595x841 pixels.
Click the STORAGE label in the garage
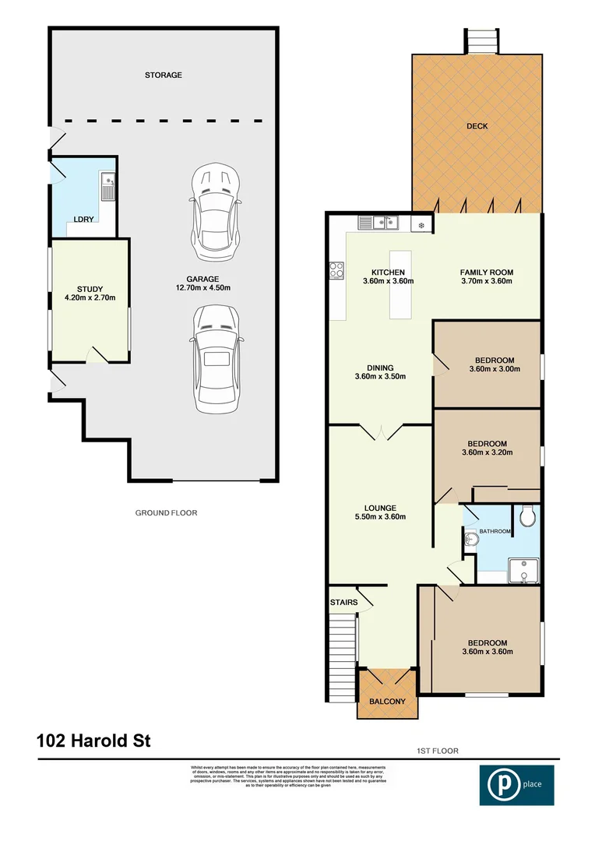pos(163,76)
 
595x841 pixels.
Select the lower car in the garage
pos(217,357)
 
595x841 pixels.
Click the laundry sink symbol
pos(107,187)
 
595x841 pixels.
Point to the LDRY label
pos(83,220)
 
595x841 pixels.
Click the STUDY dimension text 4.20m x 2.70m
pos(90,297)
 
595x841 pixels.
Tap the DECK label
pos(477,126)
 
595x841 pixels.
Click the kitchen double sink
pos(379,223)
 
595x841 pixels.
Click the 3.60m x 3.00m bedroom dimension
pos(487,371)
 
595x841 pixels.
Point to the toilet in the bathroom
pos(527,515)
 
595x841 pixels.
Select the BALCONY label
pos(387,702)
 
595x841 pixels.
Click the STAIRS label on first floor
pos(343,603)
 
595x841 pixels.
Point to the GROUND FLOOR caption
pos(167,513)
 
